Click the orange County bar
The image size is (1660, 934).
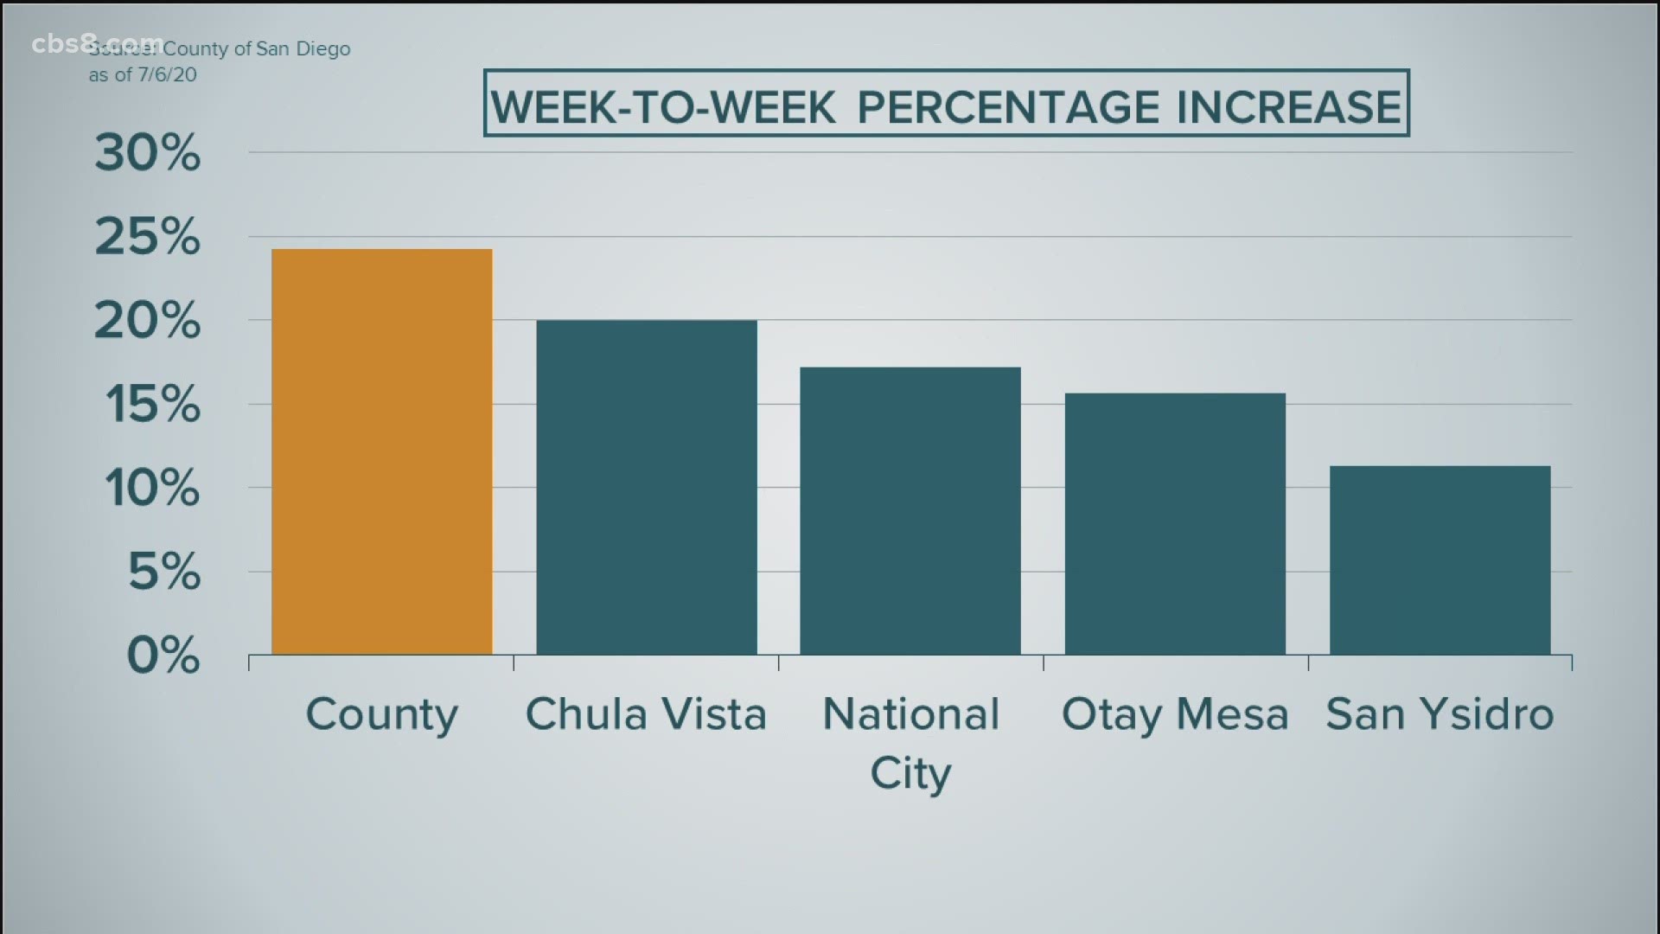(x=382, y=451)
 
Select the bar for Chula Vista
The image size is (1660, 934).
(x=647, y=487)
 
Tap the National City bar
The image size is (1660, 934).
(x=910, y=510)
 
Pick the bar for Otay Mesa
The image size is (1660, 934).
(x=1175, y=523)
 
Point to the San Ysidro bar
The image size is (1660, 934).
(x=1440, y=560)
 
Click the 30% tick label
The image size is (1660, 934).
(x=147, y=154)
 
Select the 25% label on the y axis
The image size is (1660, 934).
(x=147, y=237)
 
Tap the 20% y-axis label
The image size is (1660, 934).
(x=147, y=321)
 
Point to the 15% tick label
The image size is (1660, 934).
(x=152, y=404)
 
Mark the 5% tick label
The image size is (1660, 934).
(x=164, y=572)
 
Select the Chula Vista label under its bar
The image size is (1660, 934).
(x=646, y=715)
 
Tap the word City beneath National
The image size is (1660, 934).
(x=910, y=773)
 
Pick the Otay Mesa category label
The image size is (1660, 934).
(x=1175, y=715)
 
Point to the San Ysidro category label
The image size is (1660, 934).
(x=1440, y=715)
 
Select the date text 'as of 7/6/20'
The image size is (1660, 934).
(x=143, y=75)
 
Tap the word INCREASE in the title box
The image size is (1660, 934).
(x=1288, y=107)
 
